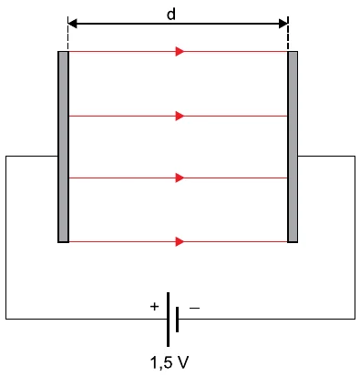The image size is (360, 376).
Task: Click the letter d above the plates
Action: click(x=171, y=14)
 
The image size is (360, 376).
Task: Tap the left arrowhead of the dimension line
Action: click(x=72, y=24)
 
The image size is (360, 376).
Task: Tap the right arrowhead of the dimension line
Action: click(x=283, y=24)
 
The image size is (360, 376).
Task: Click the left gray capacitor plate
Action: click(x=63, y=147)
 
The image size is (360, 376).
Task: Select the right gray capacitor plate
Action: click(x=293, y=147)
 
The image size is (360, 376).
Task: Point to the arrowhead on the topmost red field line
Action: click(x=180, y=52)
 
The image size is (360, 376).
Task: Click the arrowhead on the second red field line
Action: click(x=180, y=116)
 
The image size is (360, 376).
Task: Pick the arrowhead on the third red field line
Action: click(x=180, y=178)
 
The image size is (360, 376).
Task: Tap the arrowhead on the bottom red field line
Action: click(x=180, y=242)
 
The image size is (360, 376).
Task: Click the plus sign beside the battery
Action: click(x=154, y=307)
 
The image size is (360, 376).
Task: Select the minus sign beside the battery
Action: click(x=195, y=309)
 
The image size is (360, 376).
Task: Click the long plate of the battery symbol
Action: click(x=168, y=320)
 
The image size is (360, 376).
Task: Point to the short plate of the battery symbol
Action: click(x=177, y=320)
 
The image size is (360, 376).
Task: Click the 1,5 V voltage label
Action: click(x=170, y=362)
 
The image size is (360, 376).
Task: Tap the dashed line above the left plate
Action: click(x=68, y=34)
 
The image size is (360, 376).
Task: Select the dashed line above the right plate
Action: click(x=288, y=34)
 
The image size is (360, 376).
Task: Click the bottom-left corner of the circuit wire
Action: click(x=5, y=319)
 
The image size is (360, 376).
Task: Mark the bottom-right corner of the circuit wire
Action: click(x=355, y=319)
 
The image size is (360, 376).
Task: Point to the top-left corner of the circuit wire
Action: click(x=5, y=157)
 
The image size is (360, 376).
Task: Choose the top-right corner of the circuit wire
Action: click(x=355, y=157)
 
